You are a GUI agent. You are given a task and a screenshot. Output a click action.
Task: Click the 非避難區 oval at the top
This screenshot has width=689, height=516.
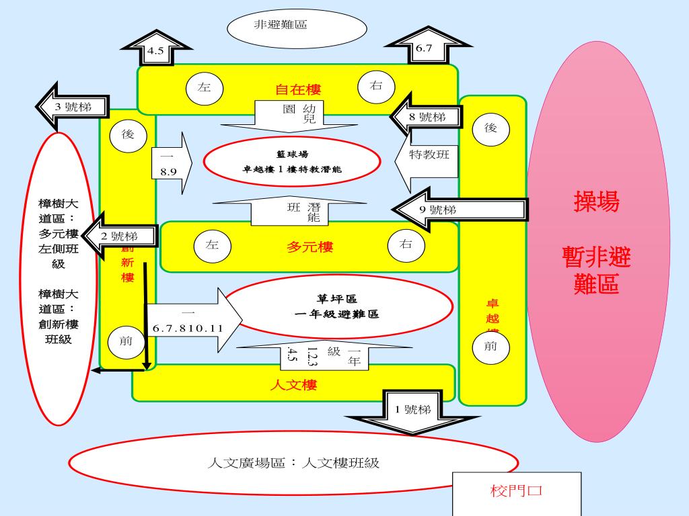[297, 28]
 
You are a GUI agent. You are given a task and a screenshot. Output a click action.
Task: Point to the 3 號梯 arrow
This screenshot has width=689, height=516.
[73, 106]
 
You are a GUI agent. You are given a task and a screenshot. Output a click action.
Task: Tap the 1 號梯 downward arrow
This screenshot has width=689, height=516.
[412, 411]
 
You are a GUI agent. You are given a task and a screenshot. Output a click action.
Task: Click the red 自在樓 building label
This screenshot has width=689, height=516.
[298, 89]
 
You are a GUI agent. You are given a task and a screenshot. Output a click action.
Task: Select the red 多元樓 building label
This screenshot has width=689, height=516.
[310, 247]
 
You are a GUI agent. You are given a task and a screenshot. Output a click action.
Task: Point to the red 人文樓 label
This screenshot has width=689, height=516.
[293, 385]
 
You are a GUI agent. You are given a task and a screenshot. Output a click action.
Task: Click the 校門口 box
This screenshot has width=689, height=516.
[517, 491]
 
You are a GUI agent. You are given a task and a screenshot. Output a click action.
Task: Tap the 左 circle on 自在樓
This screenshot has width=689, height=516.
[205, 87]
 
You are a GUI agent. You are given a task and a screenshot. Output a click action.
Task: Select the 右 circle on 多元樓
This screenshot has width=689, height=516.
[406, 245]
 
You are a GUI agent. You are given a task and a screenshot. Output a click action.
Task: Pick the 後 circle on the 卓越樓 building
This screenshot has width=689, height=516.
[491, 128]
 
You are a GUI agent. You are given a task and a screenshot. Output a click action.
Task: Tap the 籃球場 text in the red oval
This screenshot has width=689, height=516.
[292, 154]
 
